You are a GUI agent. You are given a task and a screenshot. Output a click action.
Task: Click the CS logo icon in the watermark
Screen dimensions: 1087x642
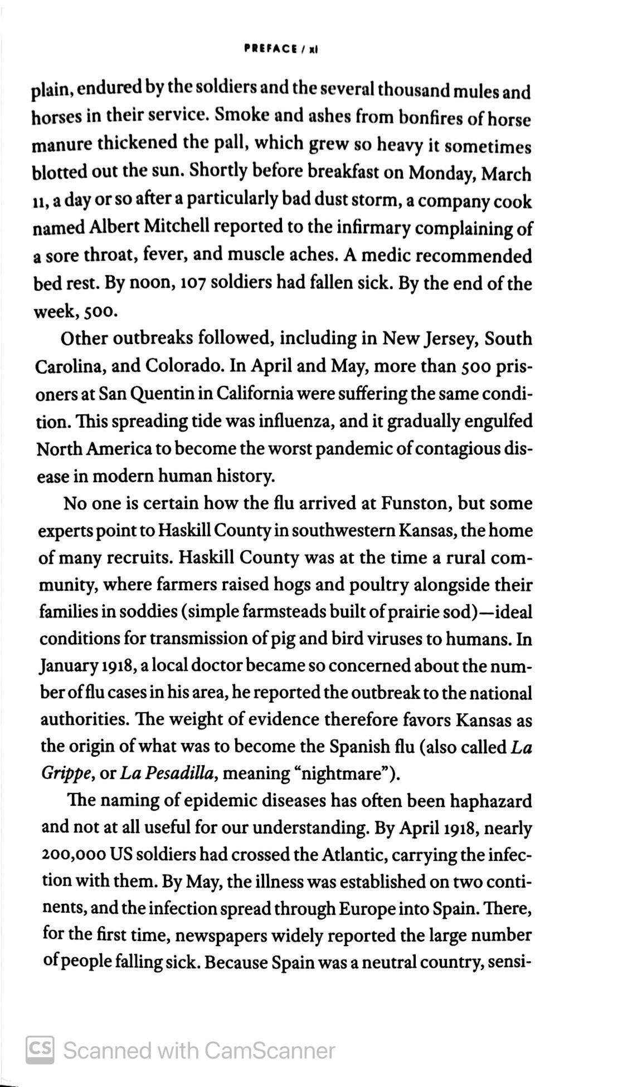40,1049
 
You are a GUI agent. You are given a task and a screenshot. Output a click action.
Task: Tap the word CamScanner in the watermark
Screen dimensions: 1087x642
270,1050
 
